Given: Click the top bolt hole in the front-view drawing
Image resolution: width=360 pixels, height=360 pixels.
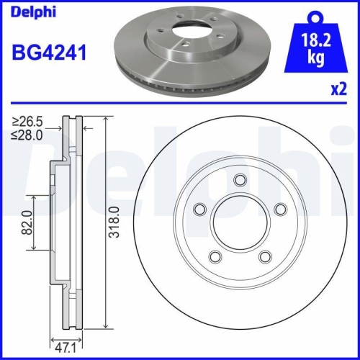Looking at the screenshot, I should click(x=240, y=181).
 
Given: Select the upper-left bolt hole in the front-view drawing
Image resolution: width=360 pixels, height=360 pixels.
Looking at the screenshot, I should click(x=201, y=209).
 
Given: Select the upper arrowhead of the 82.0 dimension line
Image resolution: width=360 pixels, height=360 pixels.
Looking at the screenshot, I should click(x=32, y=197).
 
